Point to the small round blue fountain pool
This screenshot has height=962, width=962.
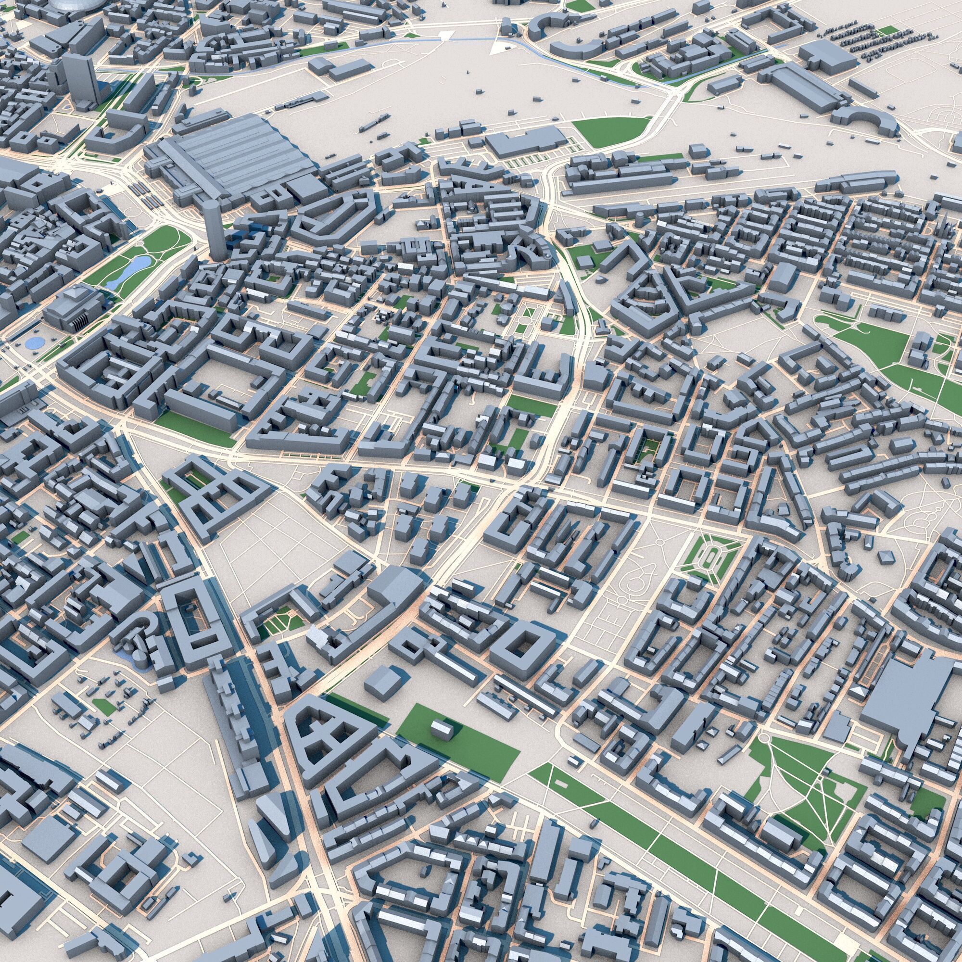(x=34, y=342)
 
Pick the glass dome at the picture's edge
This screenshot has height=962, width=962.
(x=75, y=4)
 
